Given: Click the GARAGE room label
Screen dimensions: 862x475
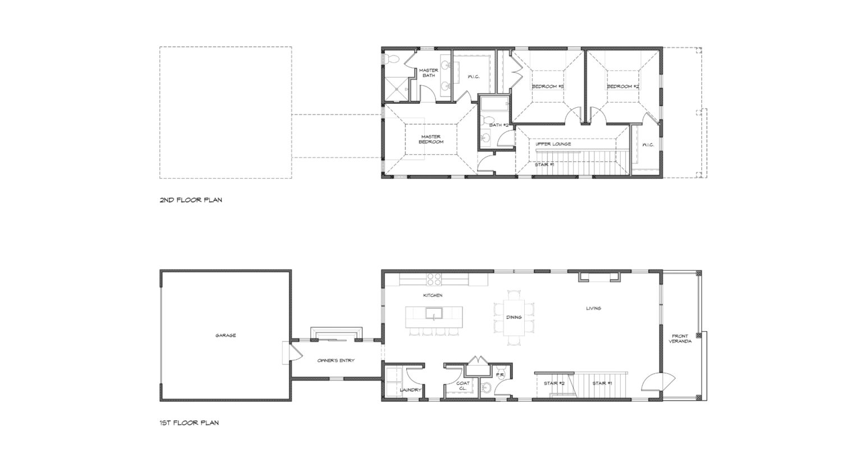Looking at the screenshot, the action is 226,336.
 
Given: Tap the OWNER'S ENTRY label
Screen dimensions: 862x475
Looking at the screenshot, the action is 336,360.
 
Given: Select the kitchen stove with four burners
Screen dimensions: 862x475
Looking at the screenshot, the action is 434,279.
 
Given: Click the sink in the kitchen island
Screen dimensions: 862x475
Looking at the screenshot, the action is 434,314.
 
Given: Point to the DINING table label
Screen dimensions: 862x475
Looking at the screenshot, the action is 513,317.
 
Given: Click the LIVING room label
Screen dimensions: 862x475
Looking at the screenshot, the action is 593,308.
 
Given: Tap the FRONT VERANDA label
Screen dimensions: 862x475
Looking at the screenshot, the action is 680,339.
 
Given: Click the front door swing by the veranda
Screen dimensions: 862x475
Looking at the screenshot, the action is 658,382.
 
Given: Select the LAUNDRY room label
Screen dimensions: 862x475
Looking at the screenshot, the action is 411,390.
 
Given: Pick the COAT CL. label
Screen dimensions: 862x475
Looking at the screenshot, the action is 463,386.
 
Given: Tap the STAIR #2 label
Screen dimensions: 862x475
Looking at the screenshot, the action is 554,383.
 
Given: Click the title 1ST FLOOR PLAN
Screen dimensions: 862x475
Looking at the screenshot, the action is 189,423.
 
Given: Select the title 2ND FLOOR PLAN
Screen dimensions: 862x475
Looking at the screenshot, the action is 191,200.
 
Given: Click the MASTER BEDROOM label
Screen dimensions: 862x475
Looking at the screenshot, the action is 431,139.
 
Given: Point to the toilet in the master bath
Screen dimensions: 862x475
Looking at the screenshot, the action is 390,59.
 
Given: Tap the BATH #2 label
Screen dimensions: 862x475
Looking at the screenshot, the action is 499,125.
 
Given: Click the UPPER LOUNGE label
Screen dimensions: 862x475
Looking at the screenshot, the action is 553,144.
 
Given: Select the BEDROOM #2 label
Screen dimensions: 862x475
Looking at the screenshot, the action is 623,86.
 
